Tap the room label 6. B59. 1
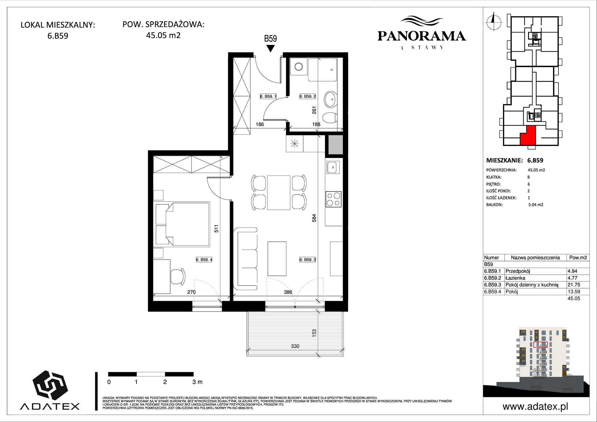click(x=268, y=96)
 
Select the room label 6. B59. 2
click(x=307, y=96)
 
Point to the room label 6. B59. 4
click(x=204, y=260)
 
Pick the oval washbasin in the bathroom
click(x=330, y=99)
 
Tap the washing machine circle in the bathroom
click(x=298, y=66)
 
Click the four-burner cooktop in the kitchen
click(x=333, y=199)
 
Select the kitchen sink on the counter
click(x=333, y=167)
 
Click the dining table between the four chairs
click(x=279, y=193)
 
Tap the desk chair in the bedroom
click(x=178, y=277)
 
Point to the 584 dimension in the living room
click(x=314, y=218)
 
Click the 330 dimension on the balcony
click(x=295, y=346)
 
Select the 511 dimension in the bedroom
click(x=216, y=229)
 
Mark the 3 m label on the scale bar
click(x=197, y=382)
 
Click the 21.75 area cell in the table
click(x=574, y=285)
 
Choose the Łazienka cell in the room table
click(x=515, y=278)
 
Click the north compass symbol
click(x=494, y=21)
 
